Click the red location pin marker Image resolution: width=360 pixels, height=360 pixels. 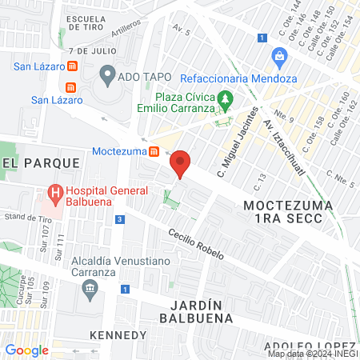tap(181, 163)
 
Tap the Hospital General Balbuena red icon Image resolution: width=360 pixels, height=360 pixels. tap(55, 192)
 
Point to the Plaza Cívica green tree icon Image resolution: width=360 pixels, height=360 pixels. tap(226, 101)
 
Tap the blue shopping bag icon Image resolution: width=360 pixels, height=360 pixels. tap(279, 56)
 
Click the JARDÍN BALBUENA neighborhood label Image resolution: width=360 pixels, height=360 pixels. tap(201, 311)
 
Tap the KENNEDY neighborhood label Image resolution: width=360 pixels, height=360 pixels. tap(118, 334)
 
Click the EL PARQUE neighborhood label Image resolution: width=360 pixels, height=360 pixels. tap(42, 162)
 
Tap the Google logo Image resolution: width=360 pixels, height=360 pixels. tap(26, 350)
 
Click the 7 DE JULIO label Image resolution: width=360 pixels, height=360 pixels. tap(87, 50)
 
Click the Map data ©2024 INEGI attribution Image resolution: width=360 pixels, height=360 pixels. tap(313, 354)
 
